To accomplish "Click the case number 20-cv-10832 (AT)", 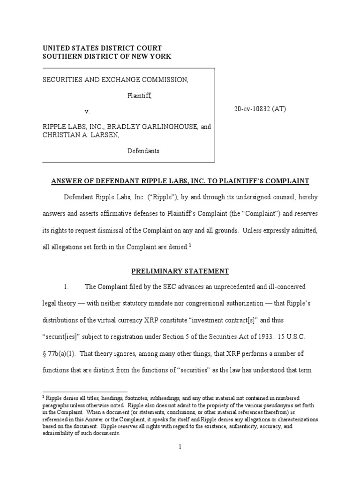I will tap(260, 109).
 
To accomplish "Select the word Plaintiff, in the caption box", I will tap(140, 96).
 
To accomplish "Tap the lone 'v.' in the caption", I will tap(87, 112).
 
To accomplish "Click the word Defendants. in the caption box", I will tap(144, 151).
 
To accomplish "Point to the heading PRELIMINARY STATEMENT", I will tap(180, 271).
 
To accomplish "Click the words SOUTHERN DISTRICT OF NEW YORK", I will tap(107, 56).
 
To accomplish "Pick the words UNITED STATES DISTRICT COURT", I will tap(102, 48).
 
